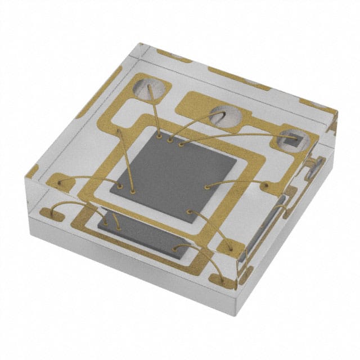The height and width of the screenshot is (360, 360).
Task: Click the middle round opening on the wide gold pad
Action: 226,116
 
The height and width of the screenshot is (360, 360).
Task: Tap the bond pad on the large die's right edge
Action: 207,185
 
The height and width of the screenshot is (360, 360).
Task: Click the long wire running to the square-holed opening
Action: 236,136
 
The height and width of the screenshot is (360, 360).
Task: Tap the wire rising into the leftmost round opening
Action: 156,112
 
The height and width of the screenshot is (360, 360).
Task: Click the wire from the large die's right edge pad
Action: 236,181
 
